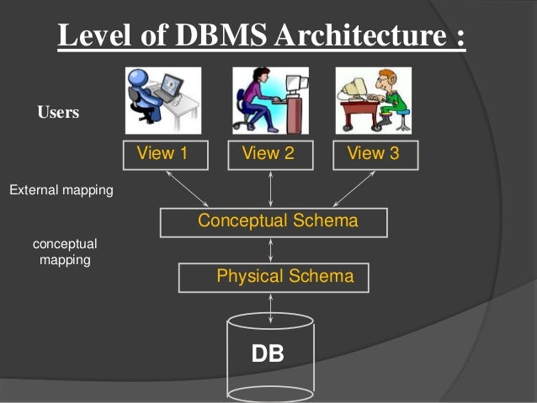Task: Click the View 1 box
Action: coord(163,154)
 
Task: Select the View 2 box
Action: coord(269,154)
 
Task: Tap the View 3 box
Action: coord(374,154)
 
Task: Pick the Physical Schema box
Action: coord(274,277)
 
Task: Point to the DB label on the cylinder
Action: coord(268,354)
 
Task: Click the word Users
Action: coord(58,112)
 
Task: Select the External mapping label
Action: coord(61,191)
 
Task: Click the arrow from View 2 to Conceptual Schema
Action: coord(270,188)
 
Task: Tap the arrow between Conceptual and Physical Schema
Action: coord(270,249)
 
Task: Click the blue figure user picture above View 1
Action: coord(162,100)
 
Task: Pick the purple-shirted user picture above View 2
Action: coord(269,100)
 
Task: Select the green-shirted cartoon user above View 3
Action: coord(374,100)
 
